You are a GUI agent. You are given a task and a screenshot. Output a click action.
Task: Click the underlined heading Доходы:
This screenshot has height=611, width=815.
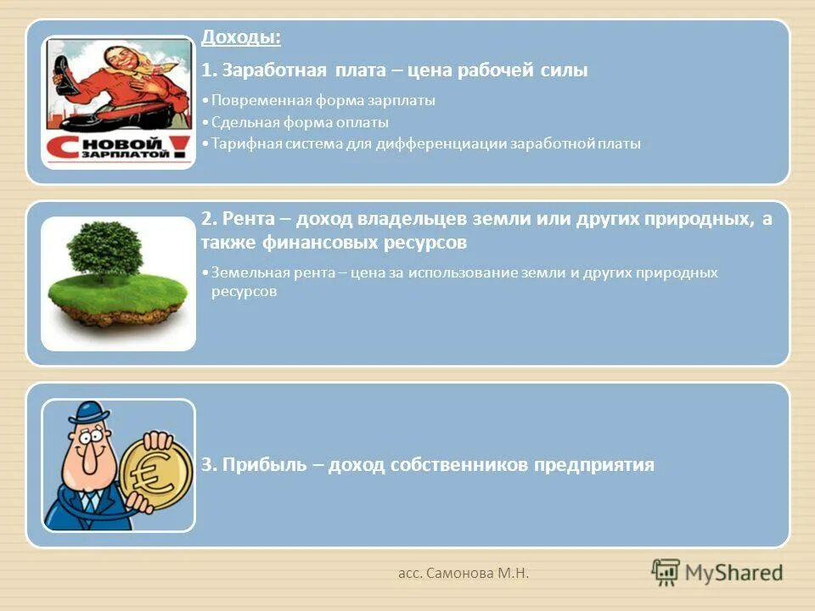[x=241, y=39]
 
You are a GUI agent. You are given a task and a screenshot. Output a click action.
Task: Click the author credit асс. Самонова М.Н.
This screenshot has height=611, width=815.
[x=464, y=575]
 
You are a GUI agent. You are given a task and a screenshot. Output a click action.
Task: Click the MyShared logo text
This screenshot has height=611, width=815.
[x=731, y=573]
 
